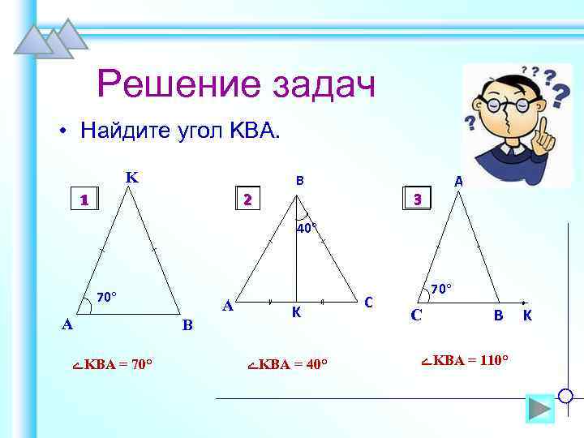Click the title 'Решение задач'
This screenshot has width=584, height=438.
[x=235, y=85]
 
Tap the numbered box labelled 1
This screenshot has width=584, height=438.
[x=83, y=199]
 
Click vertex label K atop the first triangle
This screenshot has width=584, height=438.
[x=131, y=177]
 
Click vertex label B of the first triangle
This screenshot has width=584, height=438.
[x=187, y=326]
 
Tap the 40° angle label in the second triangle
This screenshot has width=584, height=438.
[x=306, y=228]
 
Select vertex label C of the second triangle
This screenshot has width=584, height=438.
[x=368, y=303]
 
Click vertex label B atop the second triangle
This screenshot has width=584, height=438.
[x=299, y=182]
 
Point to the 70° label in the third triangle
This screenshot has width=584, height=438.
[x=441, y=288]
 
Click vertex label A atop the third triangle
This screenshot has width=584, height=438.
[x=458, y=182]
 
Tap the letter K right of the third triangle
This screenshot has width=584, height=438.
[x=527, y=316]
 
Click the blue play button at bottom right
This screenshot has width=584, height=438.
[x=539, y=408]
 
